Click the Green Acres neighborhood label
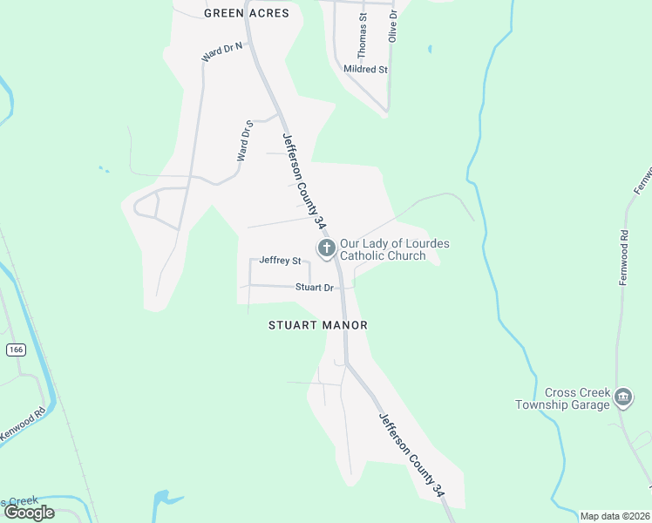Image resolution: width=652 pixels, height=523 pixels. tap(246, 13)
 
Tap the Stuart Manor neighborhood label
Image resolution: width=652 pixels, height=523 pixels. tap(317, 325)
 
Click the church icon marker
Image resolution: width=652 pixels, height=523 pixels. tap(327, 249)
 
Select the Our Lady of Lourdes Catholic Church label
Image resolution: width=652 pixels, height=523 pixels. tap(394, 249)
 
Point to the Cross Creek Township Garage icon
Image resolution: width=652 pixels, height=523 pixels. tap(623, 397)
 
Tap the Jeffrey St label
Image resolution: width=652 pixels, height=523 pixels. tap(280, 261)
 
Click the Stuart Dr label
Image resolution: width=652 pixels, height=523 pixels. tap(315, 287)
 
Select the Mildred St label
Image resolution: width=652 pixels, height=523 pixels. tap(365, 69)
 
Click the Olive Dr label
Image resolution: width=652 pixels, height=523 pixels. tap(392, 25)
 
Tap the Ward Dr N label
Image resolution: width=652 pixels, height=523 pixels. tap(221, 53)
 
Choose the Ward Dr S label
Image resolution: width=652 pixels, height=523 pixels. tap(244, 139)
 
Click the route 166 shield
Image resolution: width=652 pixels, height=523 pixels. tap(15, 350)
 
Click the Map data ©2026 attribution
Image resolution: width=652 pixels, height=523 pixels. tap(615, 516)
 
